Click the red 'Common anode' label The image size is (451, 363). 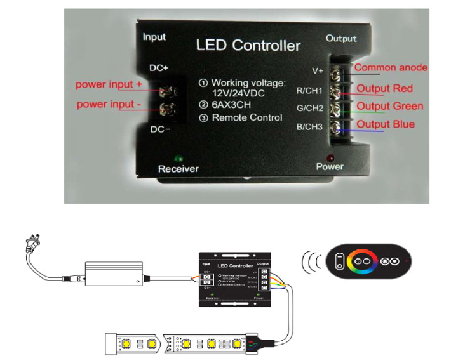[391, 67]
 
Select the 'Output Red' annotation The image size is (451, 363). [385, 88]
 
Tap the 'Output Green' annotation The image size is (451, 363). [389, 106]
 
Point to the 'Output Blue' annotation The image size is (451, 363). [386, 124]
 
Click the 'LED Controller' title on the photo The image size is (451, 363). [248, 46]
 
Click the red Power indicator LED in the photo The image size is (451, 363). [330, 156]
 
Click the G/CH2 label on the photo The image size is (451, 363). [311, 108]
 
